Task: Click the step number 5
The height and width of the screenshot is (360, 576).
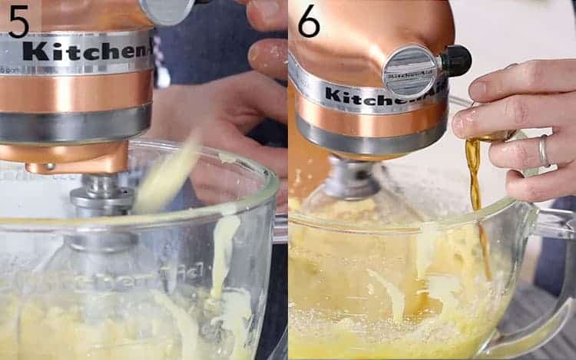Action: click(x=18, y=21)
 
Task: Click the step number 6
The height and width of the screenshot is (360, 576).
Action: click(x=308, y=21)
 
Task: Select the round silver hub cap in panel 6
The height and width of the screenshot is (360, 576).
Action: click(x=410, y=71)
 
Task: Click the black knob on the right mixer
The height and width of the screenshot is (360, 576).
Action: click(x=455, y=61)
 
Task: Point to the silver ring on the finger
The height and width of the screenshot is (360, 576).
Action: click(x=544, y=150)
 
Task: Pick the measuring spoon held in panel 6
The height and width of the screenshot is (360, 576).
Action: click(x=492, y=137)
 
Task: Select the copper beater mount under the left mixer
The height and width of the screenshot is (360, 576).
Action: click(x=77, y=157)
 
